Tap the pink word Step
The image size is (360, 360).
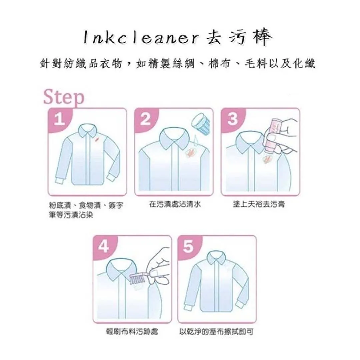point(64,98)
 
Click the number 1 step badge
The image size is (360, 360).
point(59,120)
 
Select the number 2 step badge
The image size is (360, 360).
point(146,119)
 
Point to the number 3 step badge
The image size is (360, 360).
point(232,119)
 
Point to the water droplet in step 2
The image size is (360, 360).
point(196,141)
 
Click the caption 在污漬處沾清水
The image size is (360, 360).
point(175,204)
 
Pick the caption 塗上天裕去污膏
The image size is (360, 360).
point(259,204)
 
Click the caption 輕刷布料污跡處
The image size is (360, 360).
point(132,332)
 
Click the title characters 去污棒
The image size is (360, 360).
point(239,38)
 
